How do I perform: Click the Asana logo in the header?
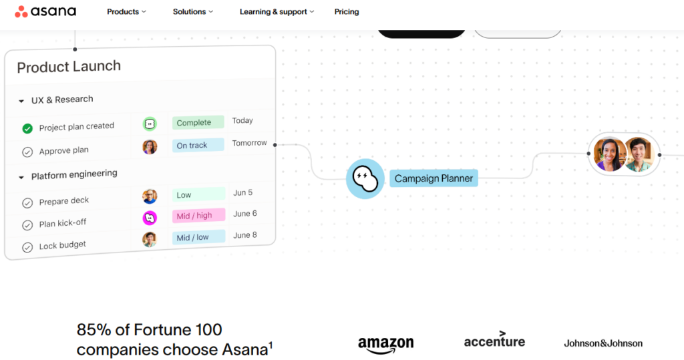coord(45,11)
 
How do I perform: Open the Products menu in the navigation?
coord(126,12)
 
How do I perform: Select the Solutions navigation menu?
coord(193,12)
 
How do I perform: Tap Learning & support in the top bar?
coord(277,12)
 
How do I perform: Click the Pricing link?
coord(347,12)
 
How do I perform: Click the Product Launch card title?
coord(69,67)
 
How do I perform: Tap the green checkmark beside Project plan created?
coord(27,128)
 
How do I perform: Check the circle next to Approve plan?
coord(27,152)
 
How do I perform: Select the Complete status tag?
coord(198,123)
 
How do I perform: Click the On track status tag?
coord(198,146)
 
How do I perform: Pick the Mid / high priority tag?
coord(198,216)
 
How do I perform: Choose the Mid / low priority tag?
coord(198,237)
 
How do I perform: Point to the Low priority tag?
coord(198,194)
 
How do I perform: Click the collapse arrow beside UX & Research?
coord(21,102)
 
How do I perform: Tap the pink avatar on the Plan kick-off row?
coord(150,217)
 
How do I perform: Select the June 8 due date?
coord(244,235)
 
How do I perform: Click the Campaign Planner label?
coord(434,178)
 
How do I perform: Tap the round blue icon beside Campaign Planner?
coord(365,178)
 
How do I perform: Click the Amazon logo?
coord(385,345)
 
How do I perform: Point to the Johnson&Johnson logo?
coord(603,343)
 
